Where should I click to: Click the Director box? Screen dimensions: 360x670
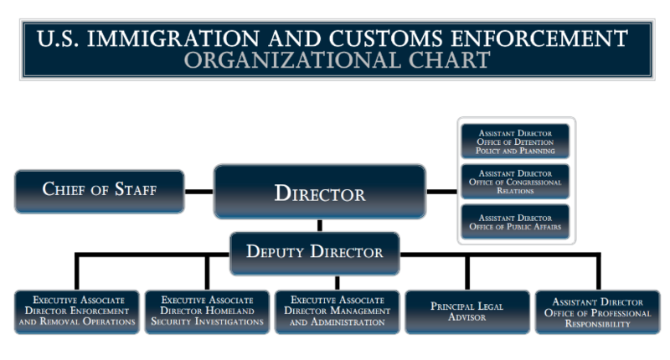point(319,193)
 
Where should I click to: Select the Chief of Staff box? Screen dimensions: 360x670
point(100,189)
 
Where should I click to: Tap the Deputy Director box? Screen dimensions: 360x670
point(315,252)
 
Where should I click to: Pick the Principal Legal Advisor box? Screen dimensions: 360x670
point(466,311)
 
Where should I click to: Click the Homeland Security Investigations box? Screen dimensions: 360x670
point(207,311)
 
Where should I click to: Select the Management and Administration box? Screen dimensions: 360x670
point(337,311)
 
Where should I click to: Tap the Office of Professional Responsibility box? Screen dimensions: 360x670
point(598,311)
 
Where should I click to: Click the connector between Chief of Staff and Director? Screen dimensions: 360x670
point(198,191)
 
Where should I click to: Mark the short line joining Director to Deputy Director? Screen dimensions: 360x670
point(319,225)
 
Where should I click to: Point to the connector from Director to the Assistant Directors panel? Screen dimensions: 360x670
point(441,191)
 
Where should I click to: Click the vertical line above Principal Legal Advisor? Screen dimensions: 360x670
point(466,272)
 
